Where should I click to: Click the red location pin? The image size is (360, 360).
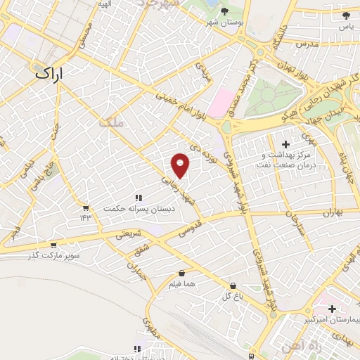(x=181, y=165)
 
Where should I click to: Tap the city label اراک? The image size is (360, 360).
(x=49, y=72)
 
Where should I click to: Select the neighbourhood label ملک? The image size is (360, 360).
(x=111, y=122)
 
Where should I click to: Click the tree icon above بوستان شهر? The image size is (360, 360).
(x=224, y=11)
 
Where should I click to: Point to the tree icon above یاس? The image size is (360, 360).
(x=345, y=15)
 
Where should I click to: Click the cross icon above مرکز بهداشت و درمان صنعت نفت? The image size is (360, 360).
(x=285, y=144)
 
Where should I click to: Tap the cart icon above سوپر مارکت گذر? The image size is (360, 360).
(x=53, y=245)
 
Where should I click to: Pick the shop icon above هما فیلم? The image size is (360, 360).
(x=182, y=273)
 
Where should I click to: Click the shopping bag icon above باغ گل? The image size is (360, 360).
(x=233, y=285)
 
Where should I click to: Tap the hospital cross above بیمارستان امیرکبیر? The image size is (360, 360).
(x=332, y=309)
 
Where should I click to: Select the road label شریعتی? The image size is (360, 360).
(x=128, y=235)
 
